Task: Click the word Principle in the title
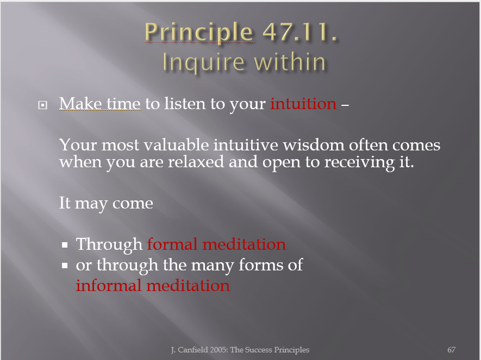[x=199, y=33]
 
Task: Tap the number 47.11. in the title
[x=300, y=31]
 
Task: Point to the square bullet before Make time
[x=42, y=105]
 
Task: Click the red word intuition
[x=303, y=104]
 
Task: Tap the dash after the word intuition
[x=345, y=105]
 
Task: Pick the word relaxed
[x=196, y=161]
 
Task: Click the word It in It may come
[x=65, y=203]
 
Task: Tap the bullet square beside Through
[x=65, y=245]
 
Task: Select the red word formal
[x=172, y=244]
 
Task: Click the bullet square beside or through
[x=65, y=266]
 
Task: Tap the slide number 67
[x=451, y=350]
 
